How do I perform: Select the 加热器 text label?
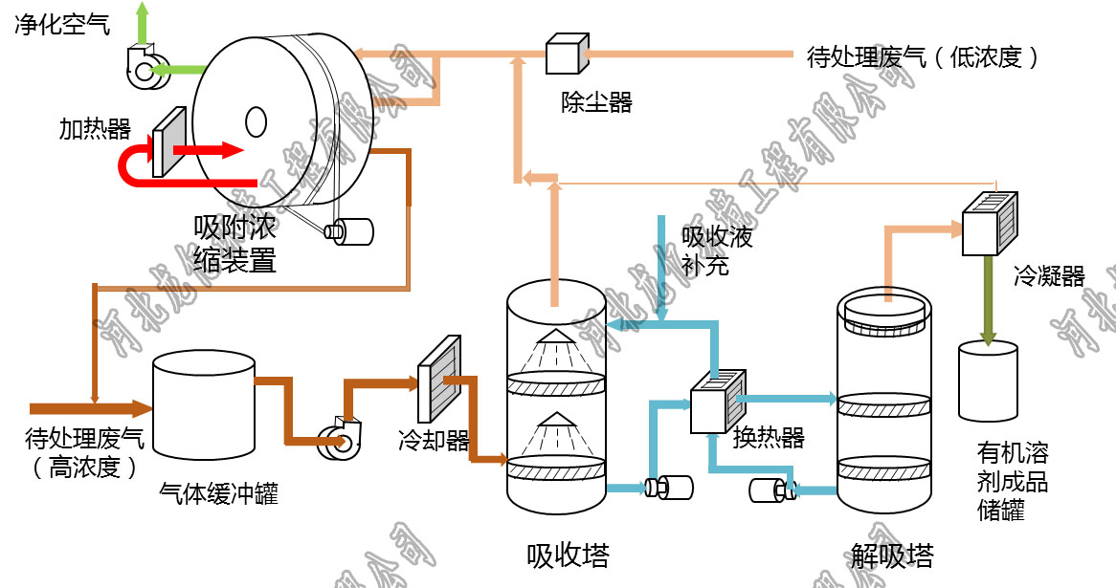[x=94, y=129]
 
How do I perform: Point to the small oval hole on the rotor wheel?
[x=256, y=121]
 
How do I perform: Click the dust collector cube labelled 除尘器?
[x=566, y=54]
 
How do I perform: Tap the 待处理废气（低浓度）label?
[x=923, y=57]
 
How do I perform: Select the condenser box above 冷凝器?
[x=986, y=223]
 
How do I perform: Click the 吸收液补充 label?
[x=717, y=249]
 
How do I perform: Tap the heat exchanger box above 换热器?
[x=718, y=403]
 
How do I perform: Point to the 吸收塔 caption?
[x=568, y=555]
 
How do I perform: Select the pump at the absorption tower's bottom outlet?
[x=669, y=488]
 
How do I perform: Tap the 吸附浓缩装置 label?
[x=234, y=244]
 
